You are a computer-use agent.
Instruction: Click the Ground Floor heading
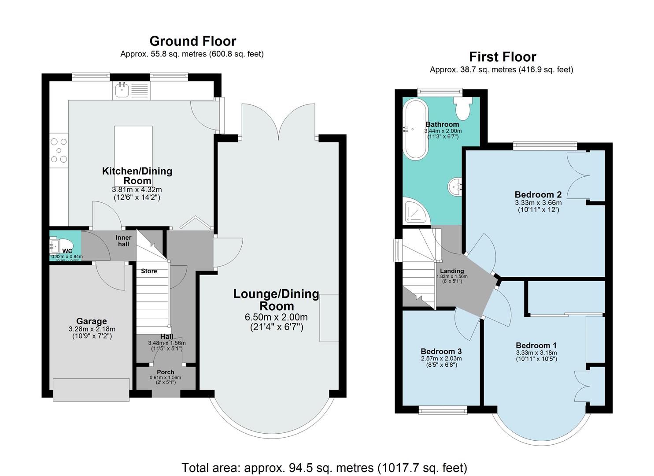[x=192, y=41]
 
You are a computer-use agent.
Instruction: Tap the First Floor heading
[x=502, y=57]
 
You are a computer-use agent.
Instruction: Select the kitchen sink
[x=121, y=90]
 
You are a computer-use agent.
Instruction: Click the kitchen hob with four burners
[x=59, y=150]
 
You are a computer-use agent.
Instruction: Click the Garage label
[x=91, y=321]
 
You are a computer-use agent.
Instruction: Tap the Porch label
[x=166, y=372]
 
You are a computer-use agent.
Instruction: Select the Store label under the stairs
[x=149, y=271]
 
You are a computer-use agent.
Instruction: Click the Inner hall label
[x=123, y=241]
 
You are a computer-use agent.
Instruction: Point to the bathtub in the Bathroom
[x=415, y=129]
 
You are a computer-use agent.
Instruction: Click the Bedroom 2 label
[x=538, y=194]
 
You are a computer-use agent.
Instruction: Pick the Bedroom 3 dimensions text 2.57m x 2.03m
[x=441, y=358]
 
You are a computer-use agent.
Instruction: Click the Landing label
[x=452, y=271]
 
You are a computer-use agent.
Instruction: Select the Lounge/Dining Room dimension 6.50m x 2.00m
[x=276, y=317]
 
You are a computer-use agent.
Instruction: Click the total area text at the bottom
[x=324, y=467]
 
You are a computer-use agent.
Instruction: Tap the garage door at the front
[x=91, y=389]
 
